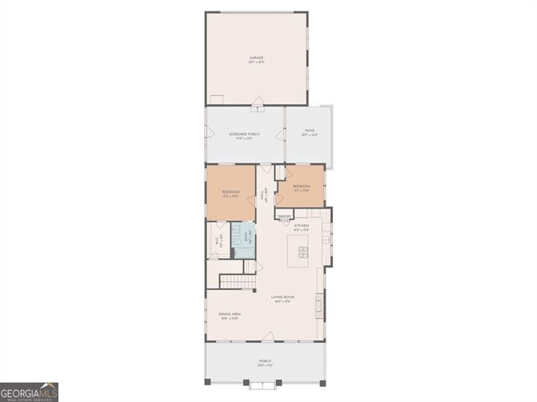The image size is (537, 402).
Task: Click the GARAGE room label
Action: pyautogui.click(x=256, y=58)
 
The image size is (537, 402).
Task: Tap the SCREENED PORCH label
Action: pyautogui.click(x=244, y=134)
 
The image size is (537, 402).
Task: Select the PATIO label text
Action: pyautogui.click(x=309, y=130)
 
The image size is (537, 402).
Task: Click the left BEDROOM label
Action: pyautogui.click(x=230, y=193)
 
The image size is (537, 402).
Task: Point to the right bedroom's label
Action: pyautogui.click(x=301, y=186)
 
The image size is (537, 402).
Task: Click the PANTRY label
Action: pyautogui.click(x=285, y=216)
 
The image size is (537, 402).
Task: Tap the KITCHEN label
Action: pyautogui.click(x=309, y=225)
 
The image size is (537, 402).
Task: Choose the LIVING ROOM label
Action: pyautogui.click(x=283, y=297)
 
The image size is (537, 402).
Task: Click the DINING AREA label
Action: pyautogui.click(x=230, y=313)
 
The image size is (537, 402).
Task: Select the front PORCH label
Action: pyautogui.click(x=265, y=361)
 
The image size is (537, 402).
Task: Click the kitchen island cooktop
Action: pyautogui.click(x=303, y=252)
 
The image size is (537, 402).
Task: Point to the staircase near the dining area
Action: pyautogui.click(x=238, y=281)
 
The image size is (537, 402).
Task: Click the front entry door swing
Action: pyautogui.click(x=268, y=336)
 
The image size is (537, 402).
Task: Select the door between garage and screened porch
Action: pyautogui.click(x=258, y=106)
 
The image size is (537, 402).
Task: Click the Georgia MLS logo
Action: pyautogui.click(x=29, y=392)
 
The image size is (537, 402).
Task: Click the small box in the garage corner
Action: pyautogui.click(x=216, y=100)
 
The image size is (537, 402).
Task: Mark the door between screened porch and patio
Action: pyautogui.click(x=281, y=134)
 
